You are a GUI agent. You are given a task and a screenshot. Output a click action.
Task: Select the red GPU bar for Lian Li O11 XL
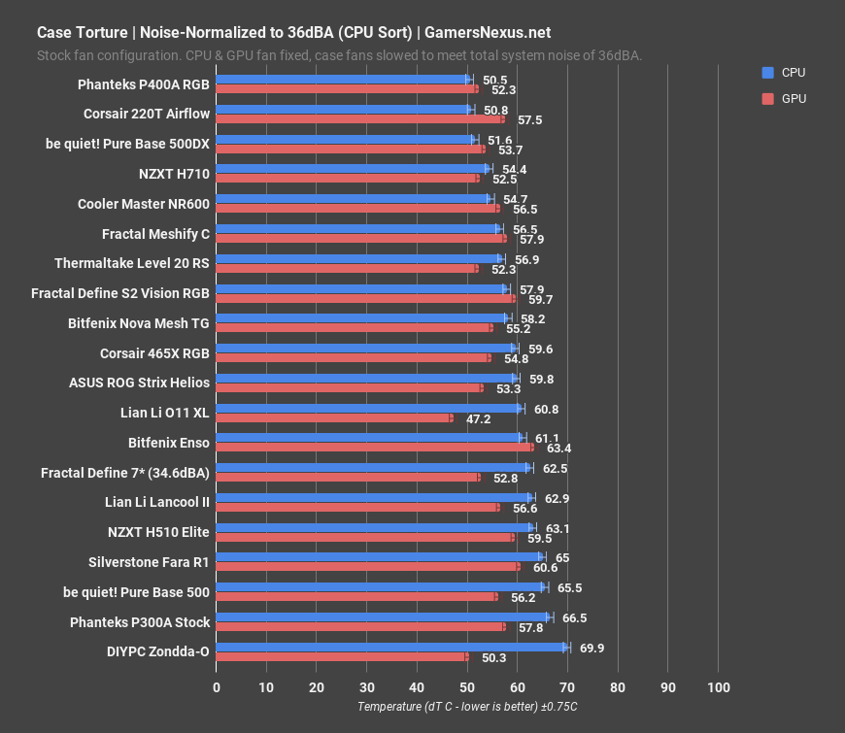click(x=333, y=418)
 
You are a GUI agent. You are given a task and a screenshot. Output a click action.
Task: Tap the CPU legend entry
click(x=792, y=72)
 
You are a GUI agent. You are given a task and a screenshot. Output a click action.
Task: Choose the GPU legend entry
click(x=792, y=98)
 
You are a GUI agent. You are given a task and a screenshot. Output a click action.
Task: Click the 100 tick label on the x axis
click(x=718, y=687)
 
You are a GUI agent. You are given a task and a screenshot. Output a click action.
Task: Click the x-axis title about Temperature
click(x=467, y=707)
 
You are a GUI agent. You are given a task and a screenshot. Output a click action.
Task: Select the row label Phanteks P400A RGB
click(x=144, y=83)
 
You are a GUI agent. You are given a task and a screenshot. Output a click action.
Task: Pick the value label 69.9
click(x=592, y=648)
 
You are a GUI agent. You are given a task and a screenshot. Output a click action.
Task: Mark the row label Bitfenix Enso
click(x=169, y=442)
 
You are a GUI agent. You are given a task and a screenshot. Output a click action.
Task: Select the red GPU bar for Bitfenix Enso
click(x=374, y=448)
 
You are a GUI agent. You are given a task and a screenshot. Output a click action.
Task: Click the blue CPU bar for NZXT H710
click(x=352, y=169)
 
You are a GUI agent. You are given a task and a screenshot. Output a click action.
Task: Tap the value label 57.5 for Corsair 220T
click(x=530, y=119)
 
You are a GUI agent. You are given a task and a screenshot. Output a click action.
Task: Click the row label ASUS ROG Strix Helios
click(x=139, y=383)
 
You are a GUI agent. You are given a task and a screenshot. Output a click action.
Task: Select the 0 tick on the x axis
click(x=217, y=687)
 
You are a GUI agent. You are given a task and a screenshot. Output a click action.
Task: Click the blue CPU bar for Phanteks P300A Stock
click(x=383, y=617)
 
